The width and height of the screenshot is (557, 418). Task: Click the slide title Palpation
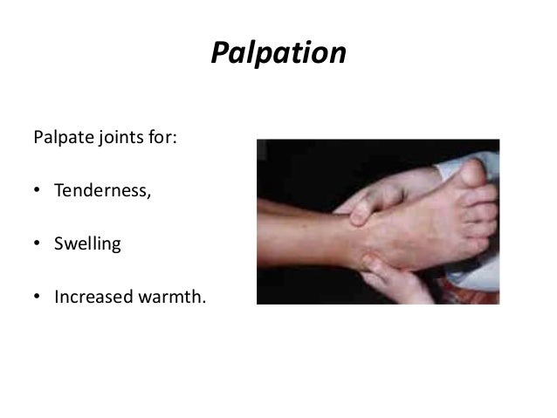tap(278, 54)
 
